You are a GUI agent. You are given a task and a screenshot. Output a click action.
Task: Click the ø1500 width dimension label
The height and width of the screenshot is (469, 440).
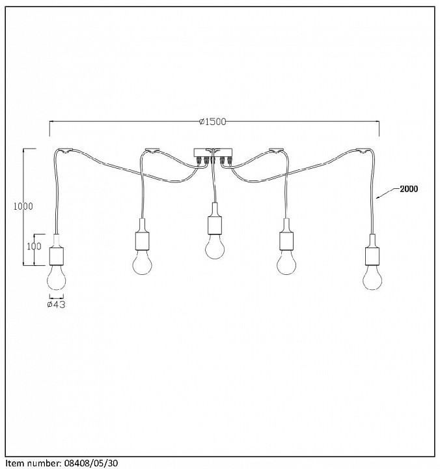click(213, 122)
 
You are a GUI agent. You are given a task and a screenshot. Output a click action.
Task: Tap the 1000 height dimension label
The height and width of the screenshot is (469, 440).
click(23, 206)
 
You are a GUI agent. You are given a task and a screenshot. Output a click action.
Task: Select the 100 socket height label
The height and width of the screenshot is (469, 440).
click(34, 246)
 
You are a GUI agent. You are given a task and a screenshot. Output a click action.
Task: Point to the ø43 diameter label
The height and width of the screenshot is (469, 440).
click(57, 304)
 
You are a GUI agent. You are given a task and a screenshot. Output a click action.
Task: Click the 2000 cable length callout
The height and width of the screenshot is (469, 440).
click(409, 189)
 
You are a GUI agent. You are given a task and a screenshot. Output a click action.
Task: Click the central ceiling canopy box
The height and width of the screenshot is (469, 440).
click(213, 153)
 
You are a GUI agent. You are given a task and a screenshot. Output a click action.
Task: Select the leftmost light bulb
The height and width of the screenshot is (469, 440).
click(57, 277)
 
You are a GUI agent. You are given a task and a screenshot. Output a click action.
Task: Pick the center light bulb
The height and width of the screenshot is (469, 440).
click(215, 246)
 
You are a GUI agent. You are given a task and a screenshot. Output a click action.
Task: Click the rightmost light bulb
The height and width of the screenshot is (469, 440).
click(372, 277)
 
